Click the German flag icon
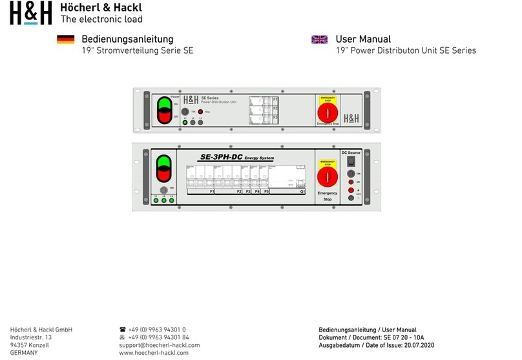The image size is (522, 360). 66,40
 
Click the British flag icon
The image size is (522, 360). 319,40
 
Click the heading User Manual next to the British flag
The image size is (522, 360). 363,39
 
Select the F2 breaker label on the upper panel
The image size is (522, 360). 275,109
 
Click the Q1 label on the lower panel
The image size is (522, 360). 302,191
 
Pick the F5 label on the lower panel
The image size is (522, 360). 266,191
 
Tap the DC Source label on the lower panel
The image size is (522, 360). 351,153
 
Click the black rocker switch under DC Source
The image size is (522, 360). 351,162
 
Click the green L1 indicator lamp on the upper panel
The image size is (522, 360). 185,122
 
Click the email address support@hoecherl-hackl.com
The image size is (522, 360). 155,345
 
